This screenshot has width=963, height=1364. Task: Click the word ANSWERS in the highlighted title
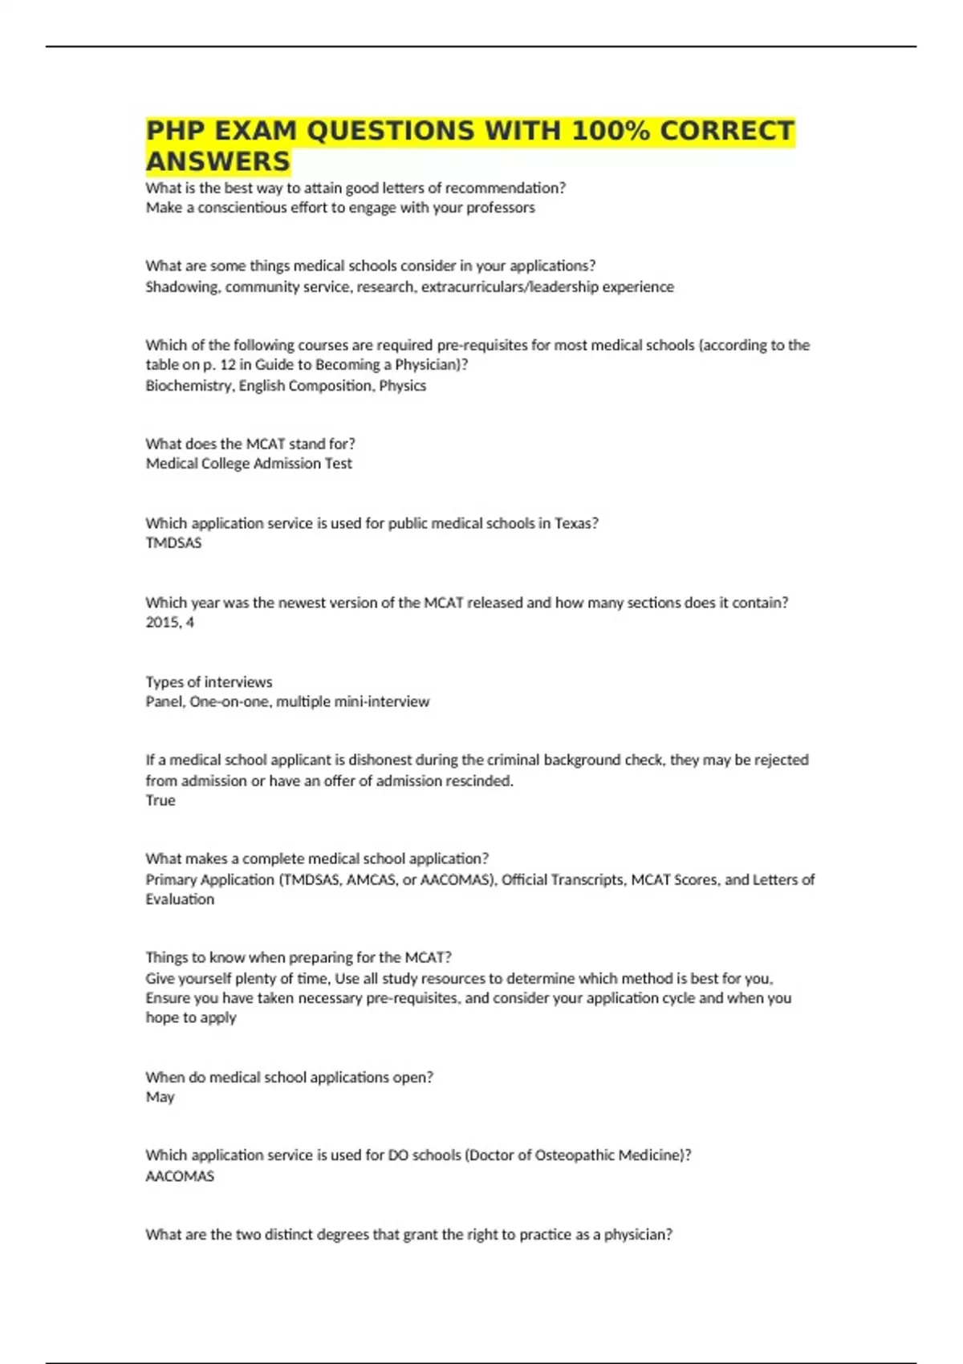coord(217,161)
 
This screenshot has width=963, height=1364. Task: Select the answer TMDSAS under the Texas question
coord(173,543)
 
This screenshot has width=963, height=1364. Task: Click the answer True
coord(160,800)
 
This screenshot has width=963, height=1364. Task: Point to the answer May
coord(160,1097)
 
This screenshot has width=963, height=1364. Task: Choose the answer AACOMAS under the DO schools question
coord(180,1176)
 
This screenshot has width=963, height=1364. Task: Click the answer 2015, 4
coord(169,623)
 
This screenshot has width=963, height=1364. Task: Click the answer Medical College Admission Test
coord(249,464)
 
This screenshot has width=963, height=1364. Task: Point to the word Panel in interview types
coord(164,702)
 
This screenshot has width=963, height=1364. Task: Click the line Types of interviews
coord(209,682)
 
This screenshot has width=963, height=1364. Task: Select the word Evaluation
coord(180,899)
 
